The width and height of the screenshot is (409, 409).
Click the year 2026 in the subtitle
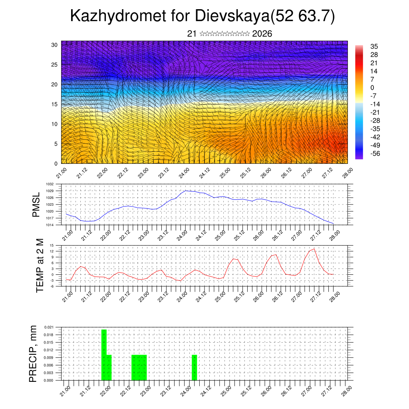262,34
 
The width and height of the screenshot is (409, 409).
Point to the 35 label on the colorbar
374,47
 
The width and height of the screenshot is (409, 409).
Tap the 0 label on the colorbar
372,87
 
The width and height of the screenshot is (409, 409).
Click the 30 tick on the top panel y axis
54,45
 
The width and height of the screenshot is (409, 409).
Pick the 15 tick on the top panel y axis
54,104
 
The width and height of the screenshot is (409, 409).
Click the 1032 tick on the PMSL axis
49,184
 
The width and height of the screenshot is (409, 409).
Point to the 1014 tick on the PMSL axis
49,225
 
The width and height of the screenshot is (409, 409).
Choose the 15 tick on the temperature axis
52,245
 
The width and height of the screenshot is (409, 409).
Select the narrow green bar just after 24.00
195,367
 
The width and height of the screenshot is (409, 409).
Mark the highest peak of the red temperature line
314,249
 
